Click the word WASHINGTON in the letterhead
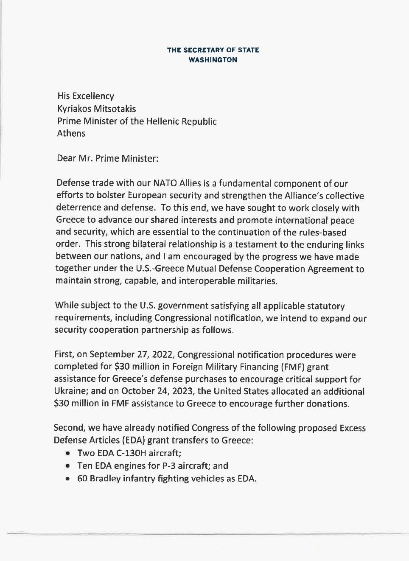(213, 60)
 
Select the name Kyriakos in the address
(74, 109)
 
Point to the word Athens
(71, 133)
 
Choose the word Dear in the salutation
(67, 158)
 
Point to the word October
(137, 392)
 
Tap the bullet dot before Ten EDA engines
(68, 466)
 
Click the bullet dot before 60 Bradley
(68, 479)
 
